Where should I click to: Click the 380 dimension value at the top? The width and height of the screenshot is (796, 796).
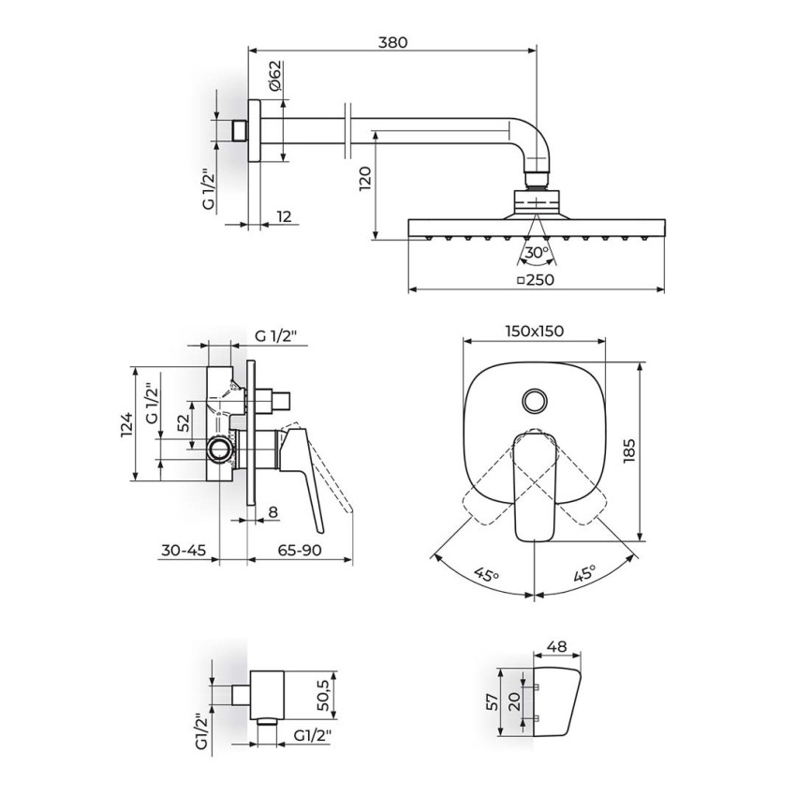tap(393, 42)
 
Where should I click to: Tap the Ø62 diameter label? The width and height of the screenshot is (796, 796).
tap(274, 75)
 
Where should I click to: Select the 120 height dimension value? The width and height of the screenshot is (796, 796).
tap(365, 179)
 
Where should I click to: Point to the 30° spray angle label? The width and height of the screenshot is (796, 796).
tap(537, 252)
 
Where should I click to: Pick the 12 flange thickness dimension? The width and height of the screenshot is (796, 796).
tap(285, 216)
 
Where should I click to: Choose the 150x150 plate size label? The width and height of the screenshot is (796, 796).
tap(535, 331)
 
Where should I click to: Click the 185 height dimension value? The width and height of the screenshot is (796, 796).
tap(628, 450)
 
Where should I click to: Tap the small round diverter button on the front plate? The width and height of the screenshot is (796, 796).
tap(535, 401)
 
